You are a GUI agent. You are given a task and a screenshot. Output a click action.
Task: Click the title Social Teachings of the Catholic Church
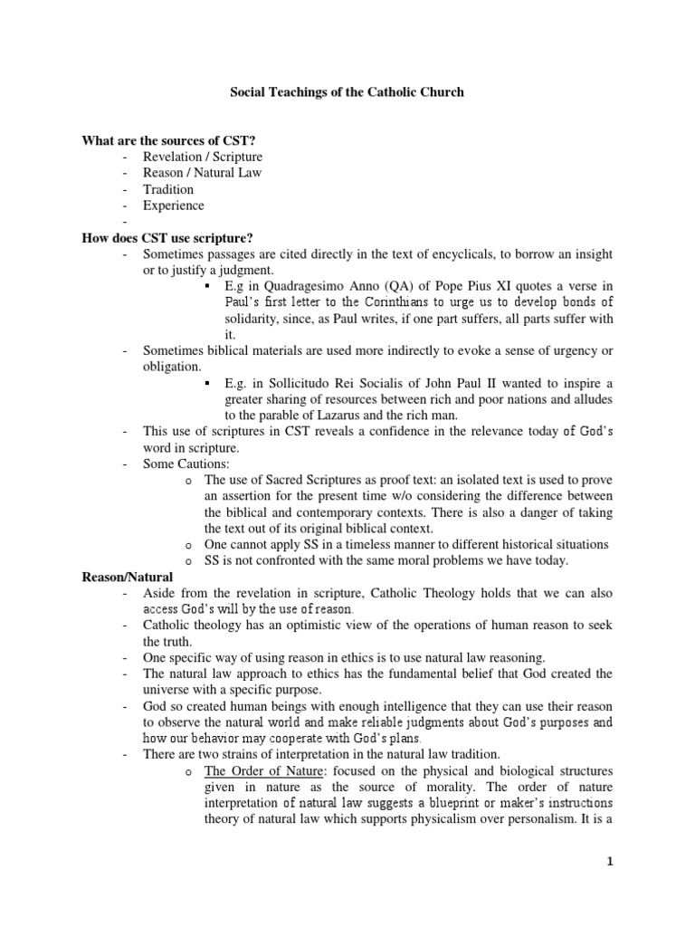(x=347, y=92)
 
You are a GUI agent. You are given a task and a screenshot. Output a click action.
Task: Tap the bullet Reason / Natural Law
(x=203, y=173)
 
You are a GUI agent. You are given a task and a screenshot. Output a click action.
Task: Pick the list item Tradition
(x=168, y=189)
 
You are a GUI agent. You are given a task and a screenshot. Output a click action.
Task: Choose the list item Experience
(x=174, y=205)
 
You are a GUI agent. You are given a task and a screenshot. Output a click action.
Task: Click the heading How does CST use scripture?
(x=167, y=237)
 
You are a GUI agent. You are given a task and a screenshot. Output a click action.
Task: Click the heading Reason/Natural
(x=128, y=577)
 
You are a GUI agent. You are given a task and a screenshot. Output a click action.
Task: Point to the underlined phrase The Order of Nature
(x=260, y=770)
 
